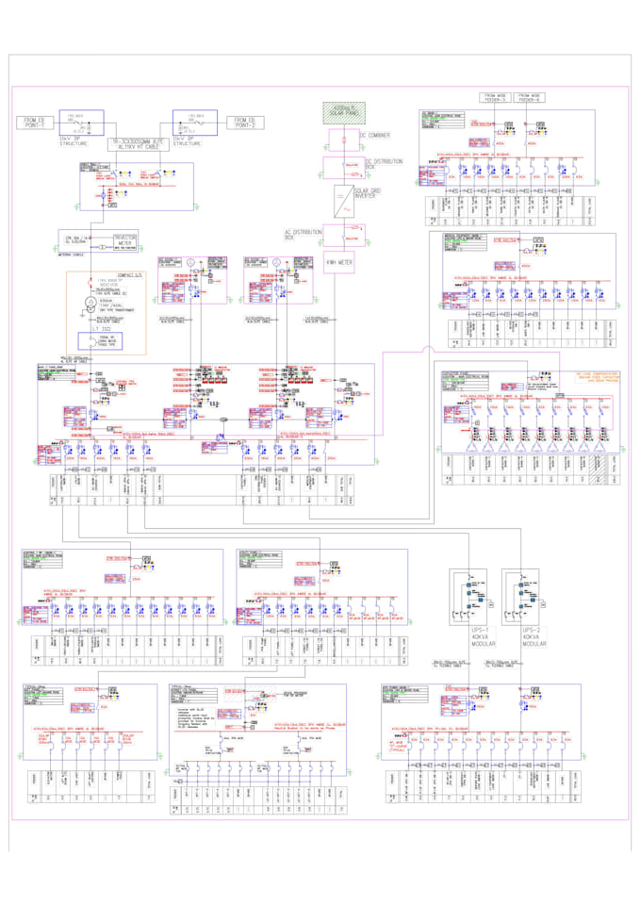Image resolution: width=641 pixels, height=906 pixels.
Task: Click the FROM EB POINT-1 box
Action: (35, 122)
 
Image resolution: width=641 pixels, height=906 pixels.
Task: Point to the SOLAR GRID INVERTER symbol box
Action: (338, 197)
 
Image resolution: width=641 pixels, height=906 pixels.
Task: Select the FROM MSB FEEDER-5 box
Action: (496, 97)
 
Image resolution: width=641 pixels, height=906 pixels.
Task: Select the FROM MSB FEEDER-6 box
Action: (531, 97)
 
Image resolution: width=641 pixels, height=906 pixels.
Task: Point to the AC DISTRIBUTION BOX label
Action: (304, 234)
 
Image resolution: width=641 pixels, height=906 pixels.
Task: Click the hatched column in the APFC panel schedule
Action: (596, 466)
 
